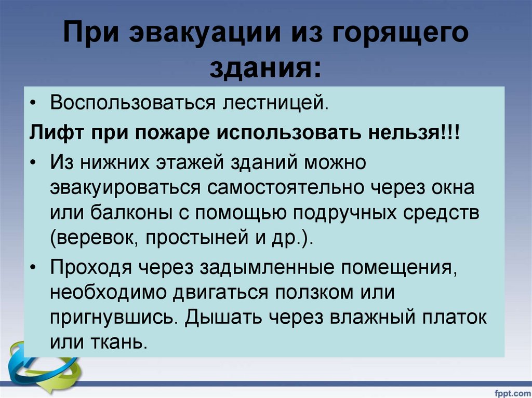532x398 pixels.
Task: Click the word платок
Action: [457, 317]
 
